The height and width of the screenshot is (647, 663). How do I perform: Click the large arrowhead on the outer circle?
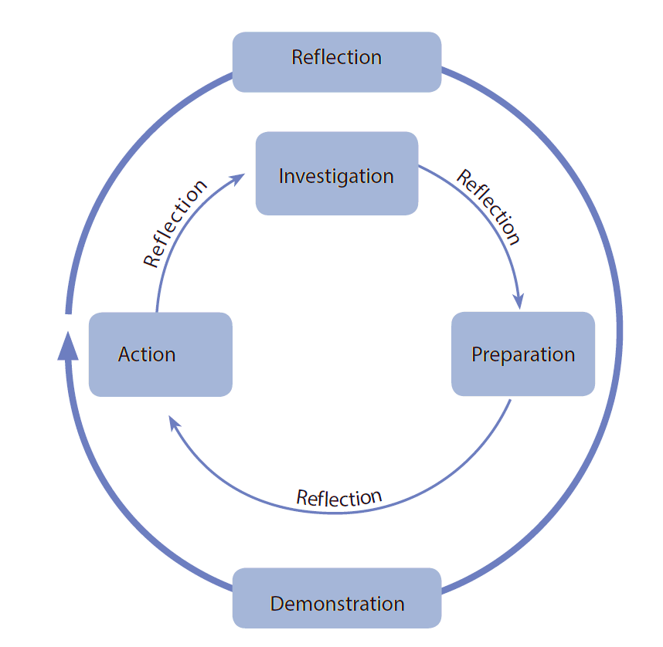coord(68,345)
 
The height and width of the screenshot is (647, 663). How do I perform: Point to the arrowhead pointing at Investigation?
coord(237,178)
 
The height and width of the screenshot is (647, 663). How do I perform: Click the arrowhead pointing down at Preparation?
coord(519,300)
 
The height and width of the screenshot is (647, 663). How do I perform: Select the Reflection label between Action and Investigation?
coord(176,224)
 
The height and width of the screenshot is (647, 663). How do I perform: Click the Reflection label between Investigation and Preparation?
coord(488,207)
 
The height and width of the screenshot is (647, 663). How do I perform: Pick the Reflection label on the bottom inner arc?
coord(339,497)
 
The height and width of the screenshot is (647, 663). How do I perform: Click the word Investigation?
coord(336,176)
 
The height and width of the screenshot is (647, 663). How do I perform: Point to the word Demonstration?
coord(337,604)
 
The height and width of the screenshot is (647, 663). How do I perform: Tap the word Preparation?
coord(523,354)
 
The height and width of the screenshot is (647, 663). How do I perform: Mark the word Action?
coord(147,354)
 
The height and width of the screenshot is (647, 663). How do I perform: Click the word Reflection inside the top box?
coord(336,57)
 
